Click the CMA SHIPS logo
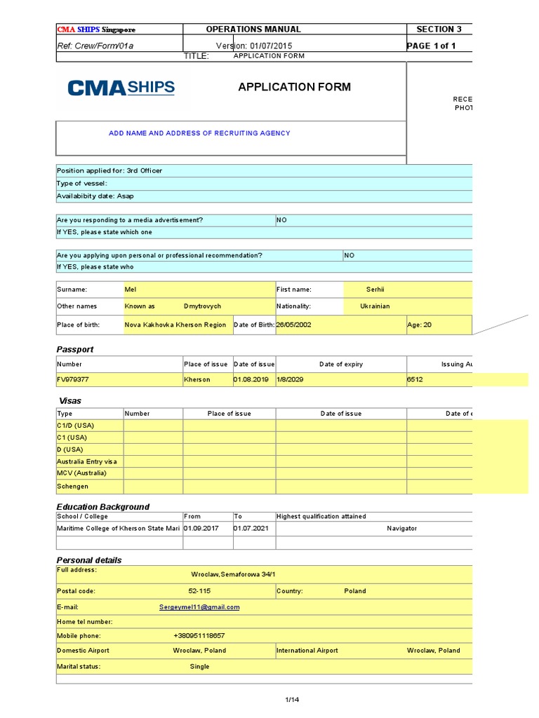(x=121, y=88)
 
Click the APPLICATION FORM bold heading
(x=294, y=87)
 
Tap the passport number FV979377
(x=73, y=379)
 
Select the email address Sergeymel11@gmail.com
(x=199, y=607)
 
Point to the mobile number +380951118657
(x=199, y=636)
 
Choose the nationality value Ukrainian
(x=375, y=306)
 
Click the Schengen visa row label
(x=73, y=486)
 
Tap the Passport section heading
(x=75, y=349)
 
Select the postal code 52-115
(x=198, y=591)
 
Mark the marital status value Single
(x=199, y=667)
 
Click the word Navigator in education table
(x=401, y=528)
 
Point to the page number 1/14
(x=292, y=700)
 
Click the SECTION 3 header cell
(x=439, y=29)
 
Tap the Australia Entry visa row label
(x=87, y=461)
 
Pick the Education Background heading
(x=103, y=506)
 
